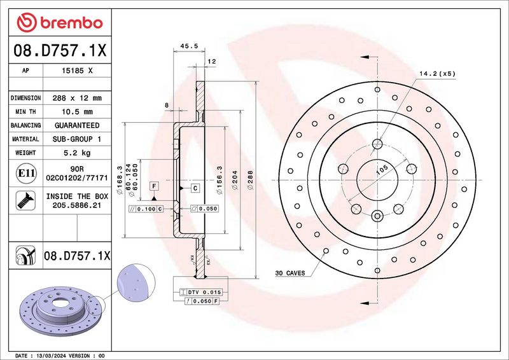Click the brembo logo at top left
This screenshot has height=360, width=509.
coord(60,22)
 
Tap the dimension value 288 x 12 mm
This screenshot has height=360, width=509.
coord(77,98)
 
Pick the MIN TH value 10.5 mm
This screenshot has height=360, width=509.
coord(77,112)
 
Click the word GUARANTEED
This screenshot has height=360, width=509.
coord(77,125)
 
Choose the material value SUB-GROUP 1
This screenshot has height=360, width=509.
coord(77,139)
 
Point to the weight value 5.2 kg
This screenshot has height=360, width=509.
coord(77,153)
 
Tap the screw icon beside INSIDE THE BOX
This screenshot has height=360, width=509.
coord(22,201)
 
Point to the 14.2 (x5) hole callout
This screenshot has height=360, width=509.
coord(437,74)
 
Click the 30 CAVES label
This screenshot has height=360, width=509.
coord(289,273)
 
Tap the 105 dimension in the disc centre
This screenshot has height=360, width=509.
coord(382,170)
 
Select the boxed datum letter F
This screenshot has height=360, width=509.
coord(153,185)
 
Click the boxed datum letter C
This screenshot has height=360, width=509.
coord(195,188)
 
